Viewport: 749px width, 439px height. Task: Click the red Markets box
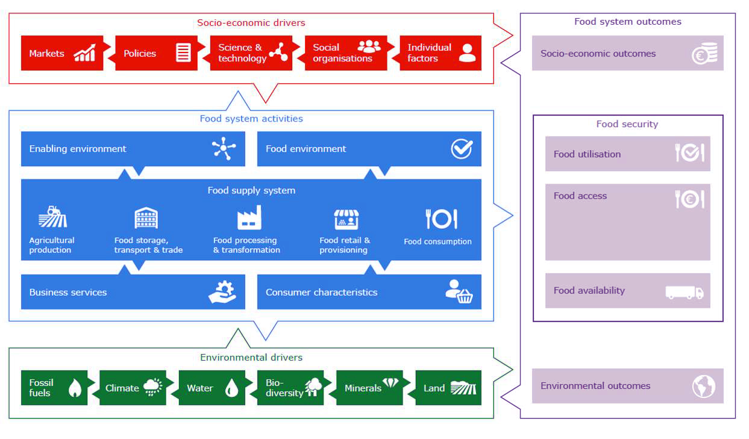click(60, 53)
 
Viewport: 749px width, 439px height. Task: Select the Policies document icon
click(183, 52)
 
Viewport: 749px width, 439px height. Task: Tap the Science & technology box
click(250, 53)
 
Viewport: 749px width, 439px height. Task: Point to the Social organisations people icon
click(369, 46)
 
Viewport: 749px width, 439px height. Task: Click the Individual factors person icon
click(467, 53)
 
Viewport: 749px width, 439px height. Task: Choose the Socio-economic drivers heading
click(251, 23)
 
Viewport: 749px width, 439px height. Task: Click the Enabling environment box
click(133, 149)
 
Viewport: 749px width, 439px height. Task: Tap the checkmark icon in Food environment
click(462, 149)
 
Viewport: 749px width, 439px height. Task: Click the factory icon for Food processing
click(249, 217)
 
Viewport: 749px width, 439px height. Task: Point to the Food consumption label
click(437, 241)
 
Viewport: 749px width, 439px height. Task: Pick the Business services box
click(133, 292)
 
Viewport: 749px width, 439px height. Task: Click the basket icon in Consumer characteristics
click(464, 296)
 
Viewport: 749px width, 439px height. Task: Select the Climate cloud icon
click(152, 387)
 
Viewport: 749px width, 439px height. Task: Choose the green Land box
click(448, 388)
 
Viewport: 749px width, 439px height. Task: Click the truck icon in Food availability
click(684, 292)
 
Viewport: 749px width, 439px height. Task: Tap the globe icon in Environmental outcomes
click(703, 386)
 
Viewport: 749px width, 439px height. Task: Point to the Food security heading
click(627, 124)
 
